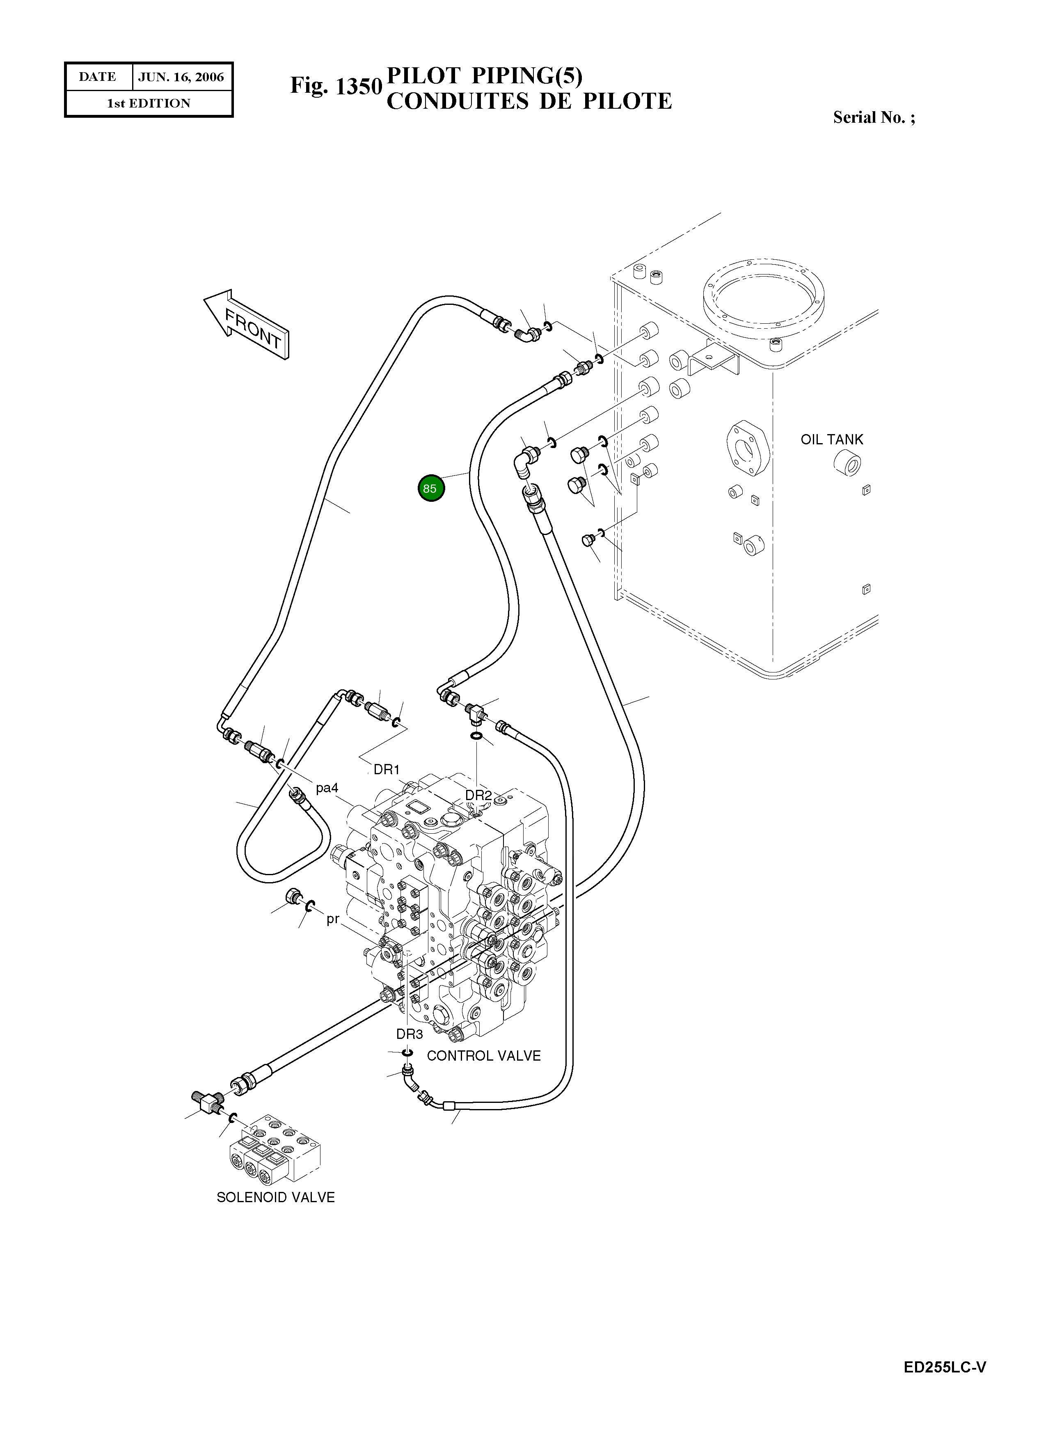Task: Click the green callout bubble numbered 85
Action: click(431, 488)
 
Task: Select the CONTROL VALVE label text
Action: click(483, 1056)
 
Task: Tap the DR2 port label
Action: click(478, 795)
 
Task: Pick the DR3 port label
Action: click(409, 1034)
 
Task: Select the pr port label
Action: click(332, 919)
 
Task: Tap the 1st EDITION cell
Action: click(149, 103)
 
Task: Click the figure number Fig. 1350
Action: click(336, 86)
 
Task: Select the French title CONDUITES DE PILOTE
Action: click(529, 101)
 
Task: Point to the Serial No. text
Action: click(874, 117)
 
